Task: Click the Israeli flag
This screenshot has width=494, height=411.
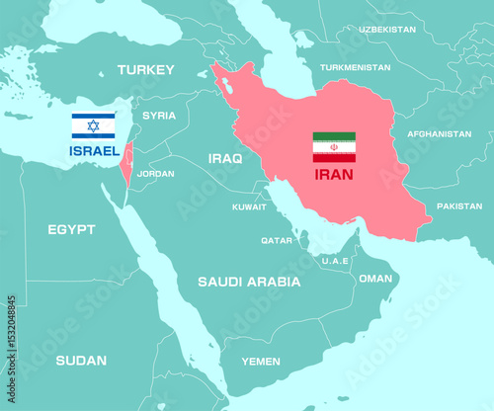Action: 93,125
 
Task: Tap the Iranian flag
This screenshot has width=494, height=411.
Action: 334,146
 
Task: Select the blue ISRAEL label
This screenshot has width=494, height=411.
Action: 94,151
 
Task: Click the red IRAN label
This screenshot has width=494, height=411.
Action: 333,174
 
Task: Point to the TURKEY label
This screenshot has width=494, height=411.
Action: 145,69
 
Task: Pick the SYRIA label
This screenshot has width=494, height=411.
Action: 159,116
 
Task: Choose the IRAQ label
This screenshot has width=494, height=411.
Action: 225,157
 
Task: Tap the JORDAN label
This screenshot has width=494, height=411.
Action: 155,173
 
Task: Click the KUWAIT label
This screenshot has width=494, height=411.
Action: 249,207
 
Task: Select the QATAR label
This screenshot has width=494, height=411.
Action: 277,240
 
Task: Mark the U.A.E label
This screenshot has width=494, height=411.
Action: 335,260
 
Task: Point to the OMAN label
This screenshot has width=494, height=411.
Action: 374,279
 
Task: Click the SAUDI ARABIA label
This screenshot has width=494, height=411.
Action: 249,282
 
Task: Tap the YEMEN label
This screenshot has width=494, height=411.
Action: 260,362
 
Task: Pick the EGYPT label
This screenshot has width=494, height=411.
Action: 71,229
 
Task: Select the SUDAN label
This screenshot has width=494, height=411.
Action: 81,360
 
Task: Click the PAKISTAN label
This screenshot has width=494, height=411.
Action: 459,205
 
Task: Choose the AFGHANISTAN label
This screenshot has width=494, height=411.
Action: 440,133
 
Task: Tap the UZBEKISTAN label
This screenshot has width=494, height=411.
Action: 387,30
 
